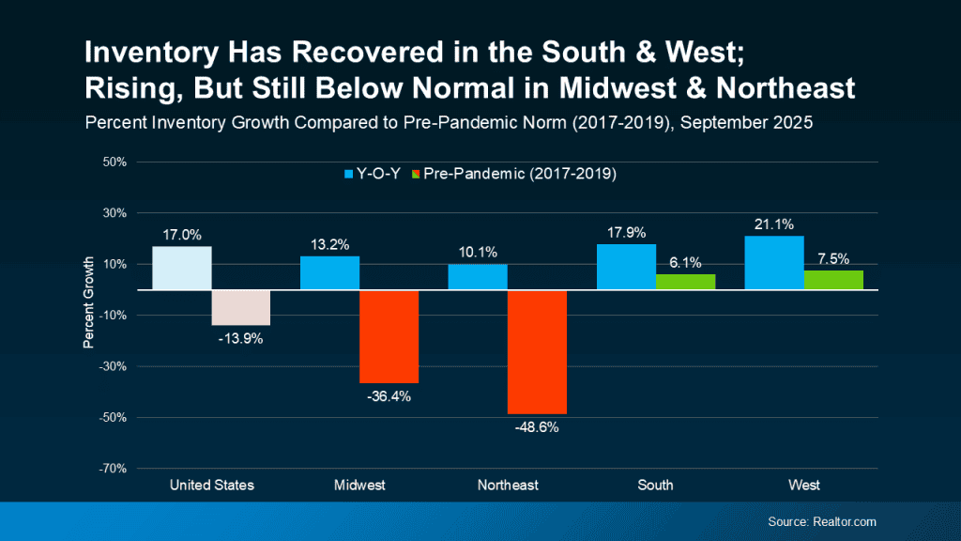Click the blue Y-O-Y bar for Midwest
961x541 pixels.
(x=329, y=272)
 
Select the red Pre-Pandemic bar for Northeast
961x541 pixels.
(x=537, y=351)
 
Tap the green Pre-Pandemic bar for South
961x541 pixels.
(x=685, y=282)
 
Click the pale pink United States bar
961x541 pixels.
(x=241, y=307)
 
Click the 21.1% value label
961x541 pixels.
(x=774, y=224)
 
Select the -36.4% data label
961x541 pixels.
(x=389, y=396)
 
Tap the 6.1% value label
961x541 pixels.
(x=685, y=262)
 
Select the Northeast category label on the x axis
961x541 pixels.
(x=508, y=486)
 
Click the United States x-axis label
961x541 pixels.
(x=211, y=486)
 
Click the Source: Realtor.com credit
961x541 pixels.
(x=821, y=521)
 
